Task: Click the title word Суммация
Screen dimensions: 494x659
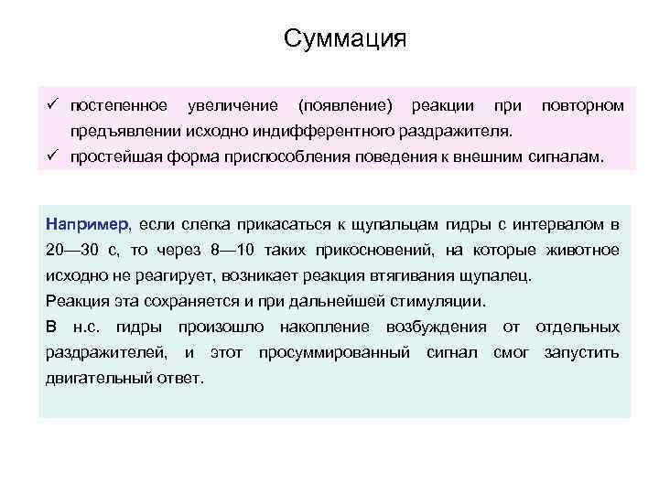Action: coord(344,39)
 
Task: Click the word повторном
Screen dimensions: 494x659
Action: coord(583,106)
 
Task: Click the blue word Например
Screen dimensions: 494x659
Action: coord(88,225)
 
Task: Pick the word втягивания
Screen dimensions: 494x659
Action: coord(421,275)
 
